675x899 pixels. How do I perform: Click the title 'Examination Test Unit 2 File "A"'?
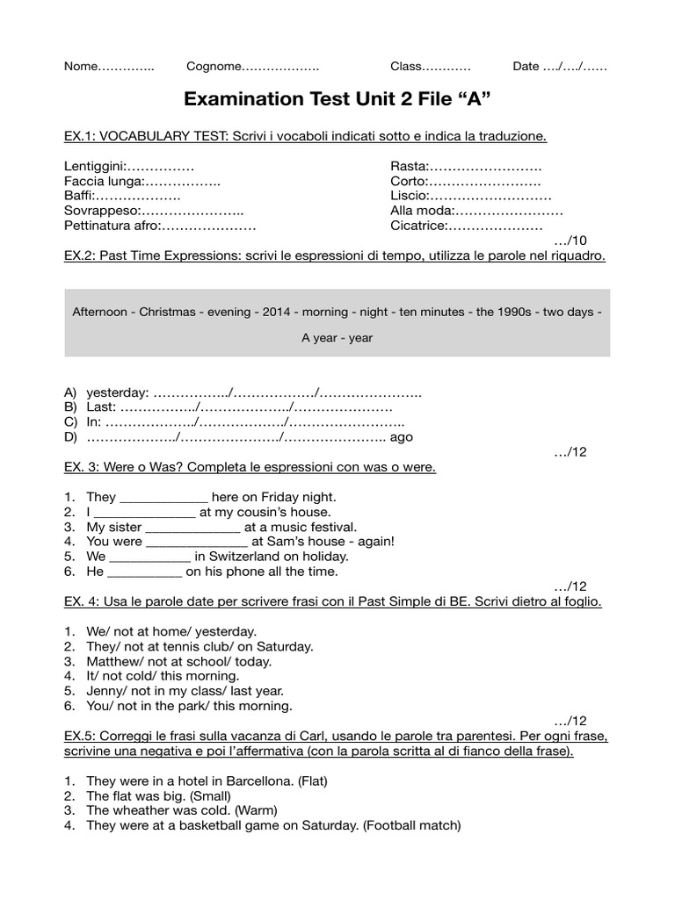[x=337, y=99]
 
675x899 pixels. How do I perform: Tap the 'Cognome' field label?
[x=212, y=66]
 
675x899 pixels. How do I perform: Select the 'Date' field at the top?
[x=526, y=66]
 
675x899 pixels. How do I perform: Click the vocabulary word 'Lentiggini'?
[x=95, y=166]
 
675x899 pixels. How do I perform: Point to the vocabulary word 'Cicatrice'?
[x=418, y=226]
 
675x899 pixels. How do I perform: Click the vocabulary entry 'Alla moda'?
[x=421, y=211]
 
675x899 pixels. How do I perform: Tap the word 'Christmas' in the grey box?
[x=167, y=312]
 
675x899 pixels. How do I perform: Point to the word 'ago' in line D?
[x=401, y=436]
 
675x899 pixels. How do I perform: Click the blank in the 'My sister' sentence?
[x=192, y=527]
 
